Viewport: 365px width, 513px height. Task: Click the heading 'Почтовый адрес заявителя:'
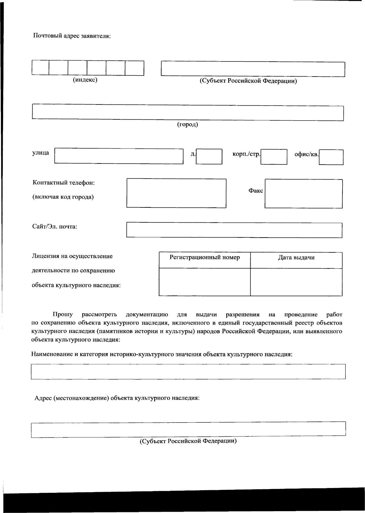[71, 36]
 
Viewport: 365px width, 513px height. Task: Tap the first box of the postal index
[40, 68]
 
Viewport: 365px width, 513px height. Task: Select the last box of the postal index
[134, 68]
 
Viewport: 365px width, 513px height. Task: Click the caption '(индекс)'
[85, 80]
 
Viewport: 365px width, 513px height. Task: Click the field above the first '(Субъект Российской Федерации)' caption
[253, 69]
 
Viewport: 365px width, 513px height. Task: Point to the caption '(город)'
[188, 125]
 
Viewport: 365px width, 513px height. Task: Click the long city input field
[188, 113]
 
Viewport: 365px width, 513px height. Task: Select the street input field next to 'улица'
[119, 156]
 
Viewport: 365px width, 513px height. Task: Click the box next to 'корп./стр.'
[274, 156]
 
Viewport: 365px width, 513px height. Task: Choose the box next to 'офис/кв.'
[331, 157]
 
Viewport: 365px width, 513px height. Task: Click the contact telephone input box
[176, 193]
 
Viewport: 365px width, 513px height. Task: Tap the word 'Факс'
[256, 191]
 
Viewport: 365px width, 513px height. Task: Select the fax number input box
[304, 193]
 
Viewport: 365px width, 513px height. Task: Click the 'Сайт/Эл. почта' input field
[234, 230]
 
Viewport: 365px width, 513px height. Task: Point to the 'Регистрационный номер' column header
[204, 258]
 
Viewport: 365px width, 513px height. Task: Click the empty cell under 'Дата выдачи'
[296, 282]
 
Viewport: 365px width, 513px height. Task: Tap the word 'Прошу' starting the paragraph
[62, 314]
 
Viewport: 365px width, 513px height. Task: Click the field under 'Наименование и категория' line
[188, 371]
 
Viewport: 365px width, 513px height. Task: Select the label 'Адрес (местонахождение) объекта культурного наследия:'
[117, 398]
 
